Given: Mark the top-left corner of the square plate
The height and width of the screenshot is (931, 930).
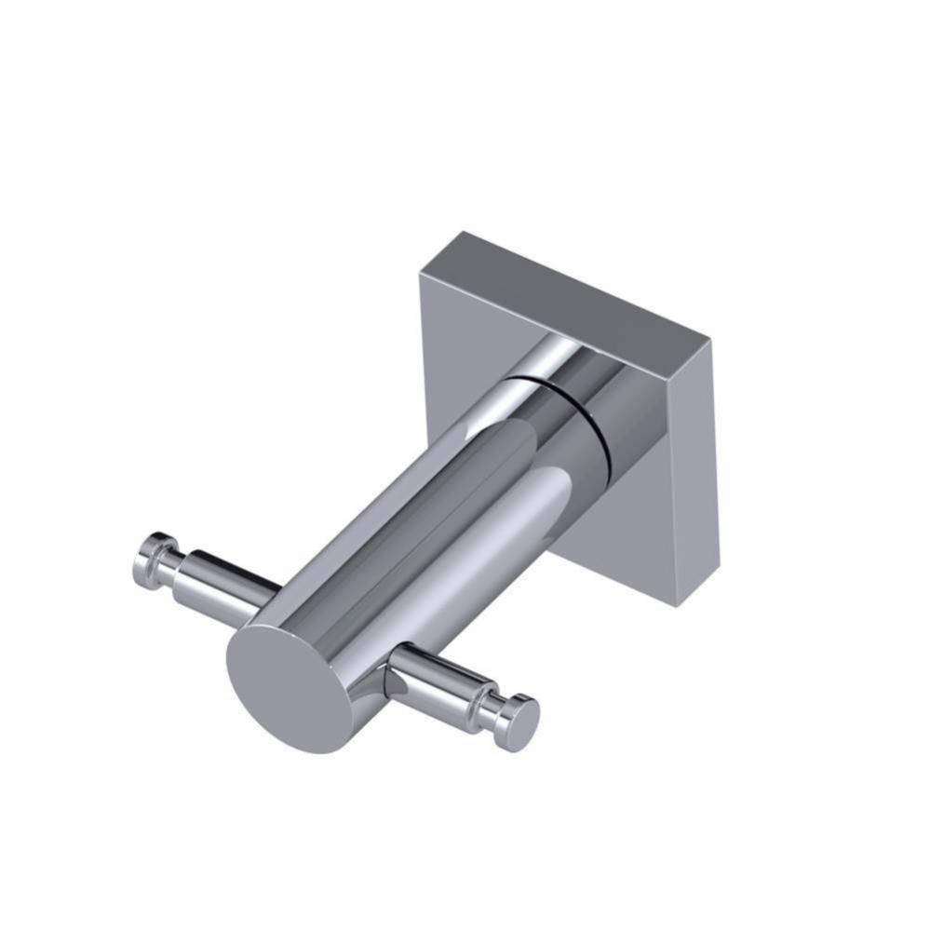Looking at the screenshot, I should (421, 272).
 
